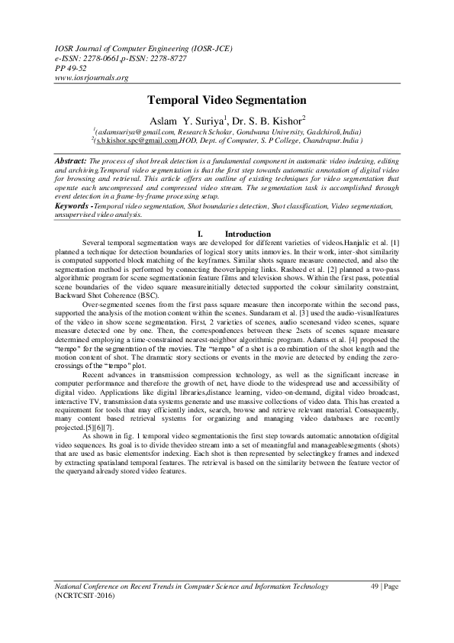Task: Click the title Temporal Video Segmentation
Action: [x=227, y=100]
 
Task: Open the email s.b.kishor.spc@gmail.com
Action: [x=138, y=141]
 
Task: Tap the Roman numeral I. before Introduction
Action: [x=199, y=233]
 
